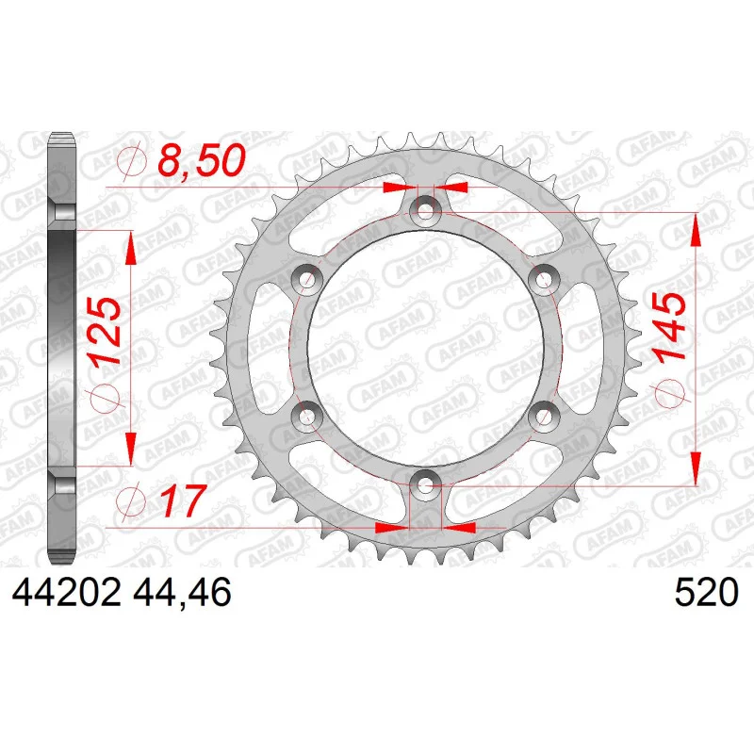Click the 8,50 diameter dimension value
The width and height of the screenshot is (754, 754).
click(x=202, y=159)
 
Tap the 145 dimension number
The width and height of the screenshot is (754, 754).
click(x=669, y=325)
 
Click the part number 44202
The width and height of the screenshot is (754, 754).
click(x=66, y=592)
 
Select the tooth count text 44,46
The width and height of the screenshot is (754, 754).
click(x=182, y=593)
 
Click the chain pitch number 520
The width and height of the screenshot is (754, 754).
click(x=706, y=592)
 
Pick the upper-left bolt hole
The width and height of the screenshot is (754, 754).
click(x=307, y=278)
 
